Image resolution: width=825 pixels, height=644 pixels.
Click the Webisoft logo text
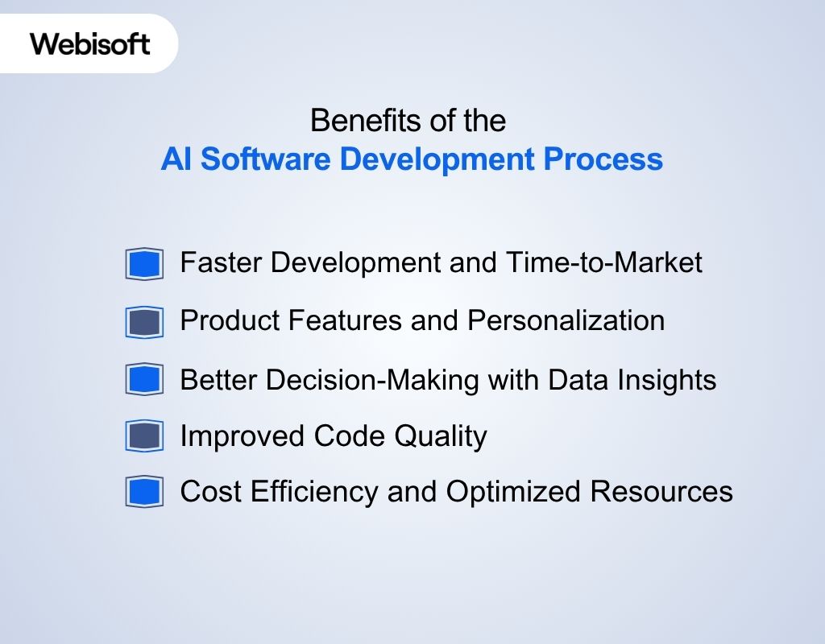coord(90,43)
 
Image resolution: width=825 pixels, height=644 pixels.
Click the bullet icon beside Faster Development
coord(144,264)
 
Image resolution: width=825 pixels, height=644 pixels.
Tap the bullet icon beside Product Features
coord(144,322)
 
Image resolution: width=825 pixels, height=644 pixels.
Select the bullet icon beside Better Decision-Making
coord(144,379)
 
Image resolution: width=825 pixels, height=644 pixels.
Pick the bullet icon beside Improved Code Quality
coord(144,436)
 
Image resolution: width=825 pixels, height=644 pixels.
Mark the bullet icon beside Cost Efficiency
coord(144,492)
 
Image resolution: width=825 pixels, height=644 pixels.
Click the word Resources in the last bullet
coord(661,491)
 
